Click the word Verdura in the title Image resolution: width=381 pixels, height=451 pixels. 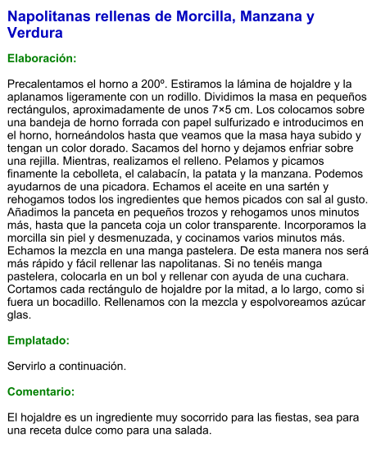pos(35,34)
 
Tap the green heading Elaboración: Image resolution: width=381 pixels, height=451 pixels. pos(42,59)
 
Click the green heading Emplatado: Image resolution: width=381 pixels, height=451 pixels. pos(39,339)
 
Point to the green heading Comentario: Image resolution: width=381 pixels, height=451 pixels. pos(41,391)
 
